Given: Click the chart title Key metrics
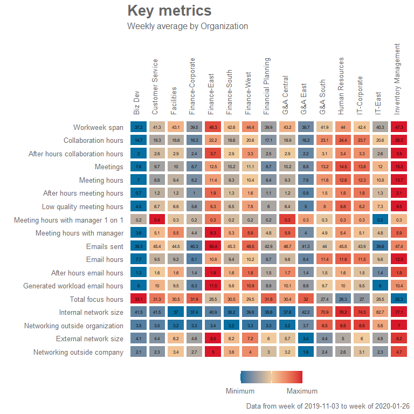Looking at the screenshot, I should (169, 11).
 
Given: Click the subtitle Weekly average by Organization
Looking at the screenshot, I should (188, 26).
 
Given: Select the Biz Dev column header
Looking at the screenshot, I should (137, 102).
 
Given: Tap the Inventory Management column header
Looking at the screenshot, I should (397, 78).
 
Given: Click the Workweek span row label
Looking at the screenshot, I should (98, 127).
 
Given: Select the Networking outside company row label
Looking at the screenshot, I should (78, 352).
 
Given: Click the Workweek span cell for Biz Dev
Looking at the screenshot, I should (139, 127).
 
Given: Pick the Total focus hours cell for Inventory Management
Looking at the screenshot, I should (399, 299).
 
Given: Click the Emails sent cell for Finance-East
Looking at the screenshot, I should (213, 246).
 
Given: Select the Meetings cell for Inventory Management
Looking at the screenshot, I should (399, 167).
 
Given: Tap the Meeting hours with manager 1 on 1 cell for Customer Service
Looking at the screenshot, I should (157, 220).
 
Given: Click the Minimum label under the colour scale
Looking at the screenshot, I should (240, 391).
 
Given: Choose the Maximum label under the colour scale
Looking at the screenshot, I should (302, 391).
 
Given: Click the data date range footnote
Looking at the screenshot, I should (327, 406).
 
